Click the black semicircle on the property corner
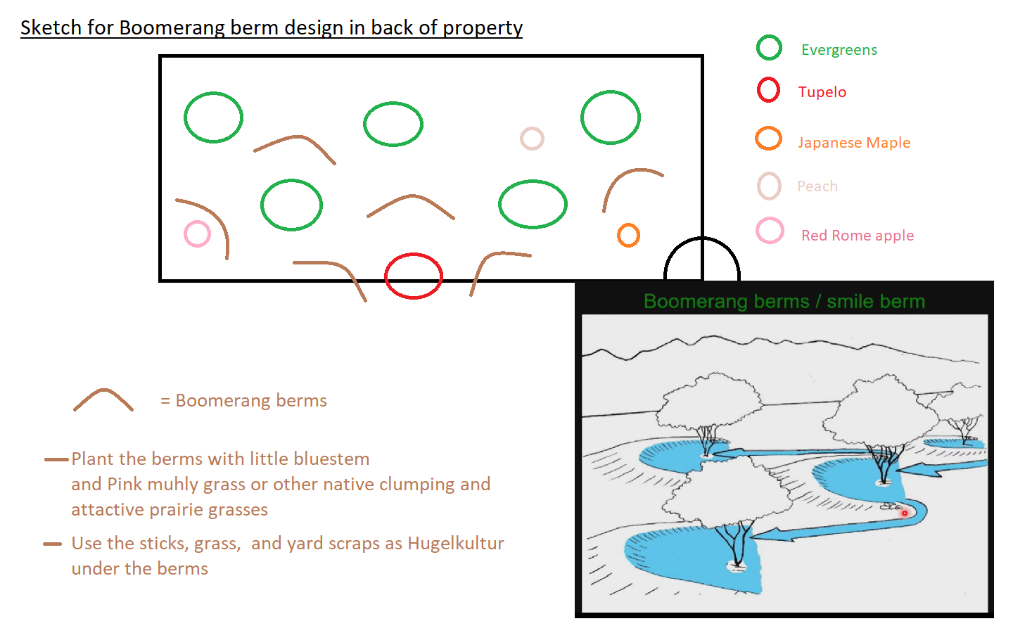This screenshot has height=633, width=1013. [702, 238]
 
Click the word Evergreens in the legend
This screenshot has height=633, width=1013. [839, 50]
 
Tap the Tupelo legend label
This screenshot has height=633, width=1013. [822, 91]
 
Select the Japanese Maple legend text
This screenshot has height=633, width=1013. [854, 142]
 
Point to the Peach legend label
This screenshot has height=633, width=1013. [817, 186]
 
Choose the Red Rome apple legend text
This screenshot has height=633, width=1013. [858, 235]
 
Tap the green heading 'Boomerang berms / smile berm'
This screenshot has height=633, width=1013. [784, 302]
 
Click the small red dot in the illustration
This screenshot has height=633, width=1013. [905, 513]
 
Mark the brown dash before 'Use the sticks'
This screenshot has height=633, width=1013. [53, 544]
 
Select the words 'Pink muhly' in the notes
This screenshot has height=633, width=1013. [153, 484]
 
